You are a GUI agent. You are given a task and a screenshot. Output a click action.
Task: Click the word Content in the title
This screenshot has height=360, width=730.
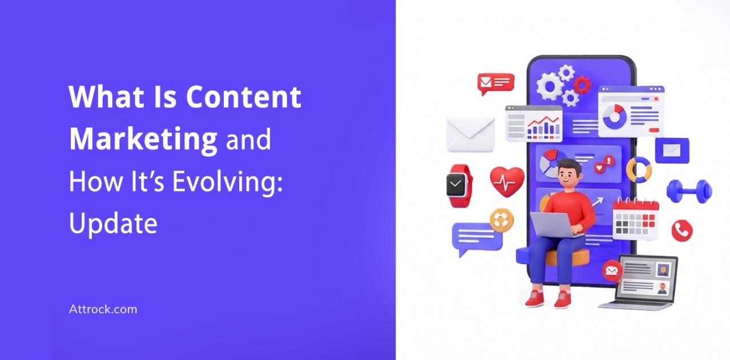[244, 97]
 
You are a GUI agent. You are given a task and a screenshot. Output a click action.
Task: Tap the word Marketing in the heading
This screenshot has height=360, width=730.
[143, 139]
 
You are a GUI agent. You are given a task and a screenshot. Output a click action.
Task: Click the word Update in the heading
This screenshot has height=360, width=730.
[113, 224]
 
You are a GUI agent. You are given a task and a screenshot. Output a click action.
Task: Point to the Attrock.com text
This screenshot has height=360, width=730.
[103, 309]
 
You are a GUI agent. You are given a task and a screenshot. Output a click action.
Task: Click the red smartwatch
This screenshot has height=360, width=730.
[459, 185]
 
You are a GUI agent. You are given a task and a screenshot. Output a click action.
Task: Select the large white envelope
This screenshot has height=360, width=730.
[470, 135]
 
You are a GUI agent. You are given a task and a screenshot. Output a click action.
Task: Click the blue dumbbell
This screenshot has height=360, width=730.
[689, 191]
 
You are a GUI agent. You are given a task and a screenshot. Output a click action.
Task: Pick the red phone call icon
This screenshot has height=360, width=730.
[681, 230]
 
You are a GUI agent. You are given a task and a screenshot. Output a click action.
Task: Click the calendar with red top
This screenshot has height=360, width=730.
[635, 219]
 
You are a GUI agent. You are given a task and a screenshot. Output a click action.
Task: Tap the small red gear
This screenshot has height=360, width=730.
[582, 84]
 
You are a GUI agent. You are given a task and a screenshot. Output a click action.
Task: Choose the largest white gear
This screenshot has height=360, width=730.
[550, 87]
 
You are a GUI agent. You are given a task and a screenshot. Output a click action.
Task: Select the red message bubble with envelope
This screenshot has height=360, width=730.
[495, 83]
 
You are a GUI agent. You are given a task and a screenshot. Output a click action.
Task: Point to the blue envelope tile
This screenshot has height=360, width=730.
[672, 151]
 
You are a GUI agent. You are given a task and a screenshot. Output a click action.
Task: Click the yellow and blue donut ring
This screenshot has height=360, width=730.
[639, 170]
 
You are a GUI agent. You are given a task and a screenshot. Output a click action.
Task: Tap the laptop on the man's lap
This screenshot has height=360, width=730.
[554, 224]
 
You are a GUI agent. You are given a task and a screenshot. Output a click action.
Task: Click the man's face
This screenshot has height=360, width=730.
[568, 176]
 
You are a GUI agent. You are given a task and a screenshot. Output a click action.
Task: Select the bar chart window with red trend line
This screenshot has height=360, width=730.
[534, 124]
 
